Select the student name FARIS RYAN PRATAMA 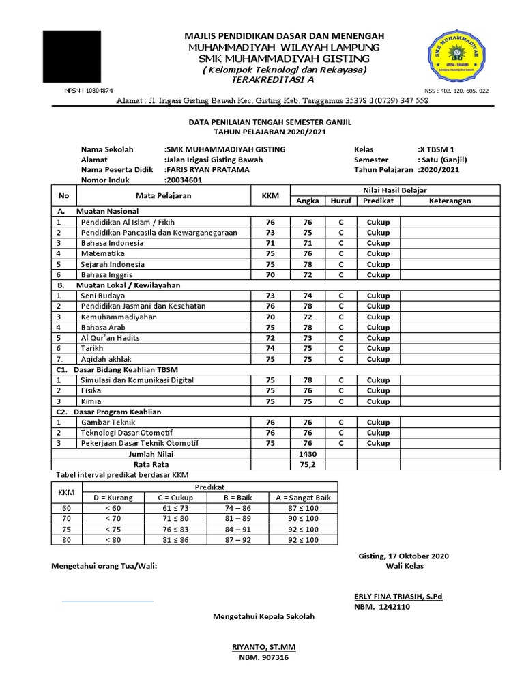pos(208,170)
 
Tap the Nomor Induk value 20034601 pos(184,180)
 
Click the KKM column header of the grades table pos(271,195)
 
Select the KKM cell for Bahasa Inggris pos(271,274)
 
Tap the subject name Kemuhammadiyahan pos(119,317)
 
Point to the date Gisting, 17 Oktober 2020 pos(403,556)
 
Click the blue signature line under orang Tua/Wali pos(107,601)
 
